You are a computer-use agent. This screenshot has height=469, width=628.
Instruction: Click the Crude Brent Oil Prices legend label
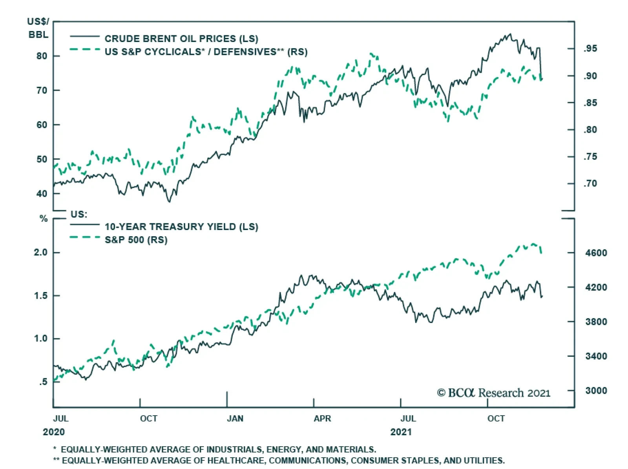[181, 38]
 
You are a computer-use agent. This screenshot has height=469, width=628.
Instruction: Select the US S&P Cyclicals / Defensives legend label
[206, 52]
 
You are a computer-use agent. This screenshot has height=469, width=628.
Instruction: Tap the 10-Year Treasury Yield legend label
[181, 226]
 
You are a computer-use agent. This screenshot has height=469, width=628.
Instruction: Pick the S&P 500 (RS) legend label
[136, 239]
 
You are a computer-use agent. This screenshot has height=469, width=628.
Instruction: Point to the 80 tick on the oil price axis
[42, 56]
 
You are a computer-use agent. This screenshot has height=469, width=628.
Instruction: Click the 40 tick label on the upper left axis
[42, 193]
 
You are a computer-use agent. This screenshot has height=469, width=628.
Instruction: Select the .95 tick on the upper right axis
[590, 49]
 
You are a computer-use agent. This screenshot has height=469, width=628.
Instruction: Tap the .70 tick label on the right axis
[590, 183]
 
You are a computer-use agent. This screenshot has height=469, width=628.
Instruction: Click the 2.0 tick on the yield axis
[40, 252]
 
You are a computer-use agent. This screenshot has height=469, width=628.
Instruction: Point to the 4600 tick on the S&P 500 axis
[596, 253]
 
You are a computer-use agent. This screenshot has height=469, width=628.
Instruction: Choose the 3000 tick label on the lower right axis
[596, 391]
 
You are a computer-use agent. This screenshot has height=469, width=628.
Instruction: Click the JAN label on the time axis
[235, 418]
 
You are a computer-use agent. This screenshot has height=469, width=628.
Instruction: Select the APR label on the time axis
[322, 418]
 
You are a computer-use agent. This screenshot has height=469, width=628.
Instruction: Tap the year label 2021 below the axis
[401, 432]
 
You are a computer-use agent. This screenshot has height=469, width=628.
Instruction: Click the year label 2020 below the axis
[54, 432]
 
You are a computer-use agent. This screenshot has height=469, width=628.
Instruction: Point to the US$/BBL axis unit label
[38, 28]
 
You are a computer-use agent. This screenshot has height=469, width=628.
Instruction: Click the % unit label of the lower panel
[44, 219]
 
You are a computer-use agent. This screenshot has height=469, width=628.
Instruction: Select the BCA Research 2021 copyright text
[493, 393]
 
